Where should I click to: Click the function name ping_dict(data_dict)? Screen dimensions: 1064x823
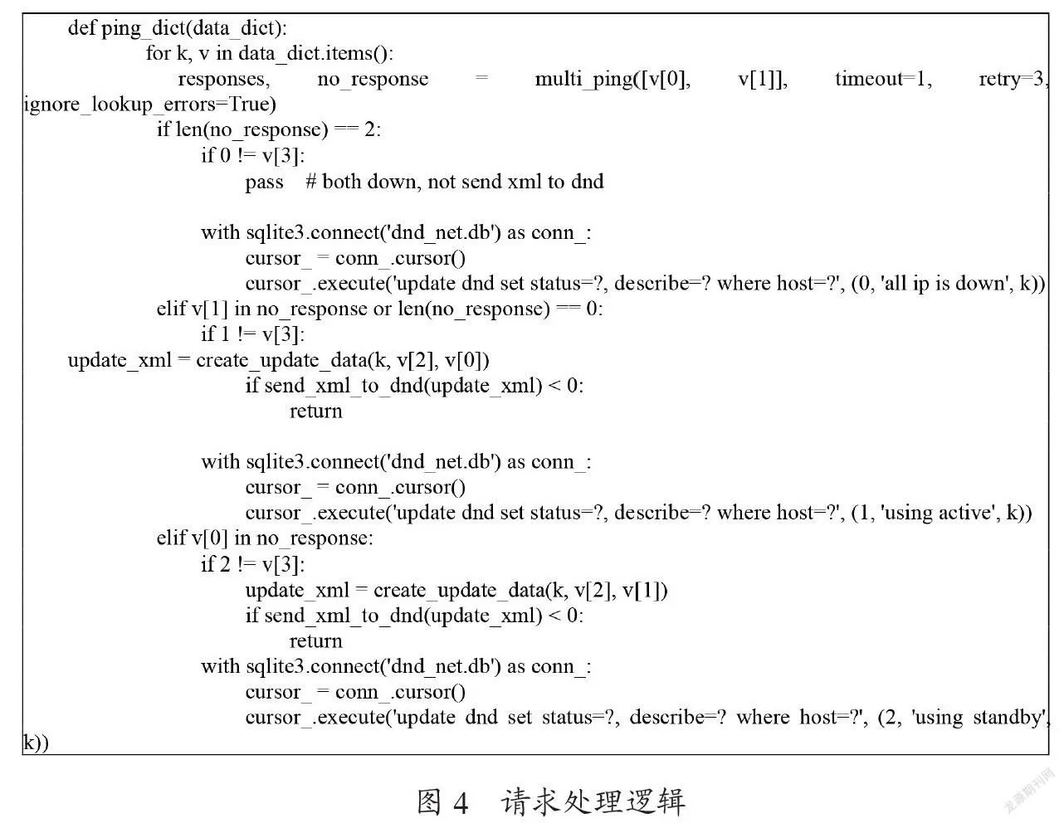tap(193, 28)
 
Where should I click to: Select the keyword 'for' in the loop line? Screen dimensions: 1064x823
tap(158, 53)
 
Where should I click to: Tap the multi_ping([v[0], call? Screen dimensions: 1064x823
tap(613, 80)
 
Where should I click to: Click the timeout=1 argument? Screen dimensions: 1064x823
tap(883, 79)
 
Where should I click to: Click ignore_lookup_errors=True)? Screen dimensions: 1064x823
tap(150, 105)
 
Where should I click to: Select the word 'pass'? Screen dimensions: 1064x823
tap(264, 182)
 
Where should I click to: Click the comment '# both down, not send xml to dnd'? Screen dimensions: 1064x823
tap(454, 181)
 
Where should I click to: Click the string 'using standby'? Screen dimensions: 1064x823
tap(979, 718)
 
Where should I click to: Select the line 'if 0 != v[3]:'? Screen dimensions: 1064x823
tap(252, 156)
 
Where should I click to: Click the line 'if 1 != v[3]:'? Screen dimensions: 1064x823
tap(252, 334)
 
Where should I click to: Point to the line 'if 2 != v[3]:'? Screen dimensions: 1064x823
tap(252, 564)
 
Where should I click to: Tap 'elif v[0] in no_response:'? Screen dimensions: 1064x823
tap(265, 538)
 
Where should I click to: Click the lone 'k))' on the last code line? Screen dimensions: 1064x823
tap(36, 743)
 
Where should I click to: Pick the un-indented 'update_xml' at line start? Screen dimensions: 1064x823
tap(120, 361)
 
